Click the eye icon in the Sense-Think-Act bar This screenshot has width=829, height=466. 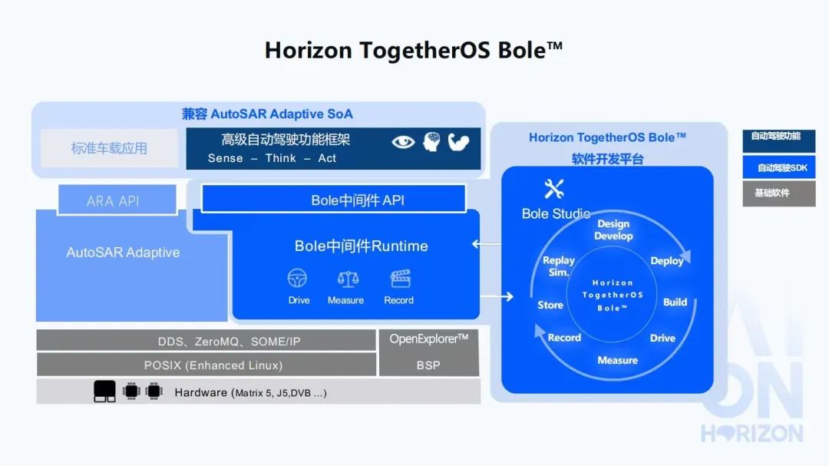[403, 142]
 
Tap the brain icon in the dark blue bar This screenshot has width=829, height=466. [432, 142]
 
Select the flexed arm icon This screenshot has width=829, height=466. [458, 142]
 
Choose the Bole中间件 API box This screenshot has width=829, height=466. [334, 200]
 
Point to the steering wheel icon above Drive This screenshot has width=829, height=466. [297, 278]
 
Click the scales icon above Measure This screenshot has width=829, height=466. [348, 279]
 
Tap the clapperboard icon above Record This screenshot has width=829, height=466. [400, 278]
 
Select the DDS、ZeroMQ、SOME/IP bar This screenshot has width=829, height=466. [206, 341]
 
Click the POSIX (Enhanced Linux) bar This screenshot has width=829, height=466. [206, 365]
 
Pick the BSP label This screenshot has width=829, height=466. [428, 365]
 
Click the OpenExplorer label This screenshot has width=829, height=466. [429, 339]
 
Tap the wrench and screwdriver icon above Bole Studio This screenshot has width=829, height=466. [554, 189]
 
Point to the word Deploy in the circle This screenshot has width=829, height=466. [667, 261]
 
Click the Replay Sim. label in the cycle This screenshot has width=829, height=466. [558, 266]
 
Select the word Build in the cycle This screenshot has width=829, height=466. [675, 302]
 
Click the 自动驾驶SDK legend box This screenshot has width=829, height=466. [779, 167]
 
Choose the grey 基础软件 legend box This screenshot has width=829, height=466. [779, 193]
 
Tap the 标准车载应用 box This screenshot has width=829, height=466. [110, 148]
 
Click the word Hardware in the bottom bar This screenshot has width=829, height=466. [201, 392]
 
